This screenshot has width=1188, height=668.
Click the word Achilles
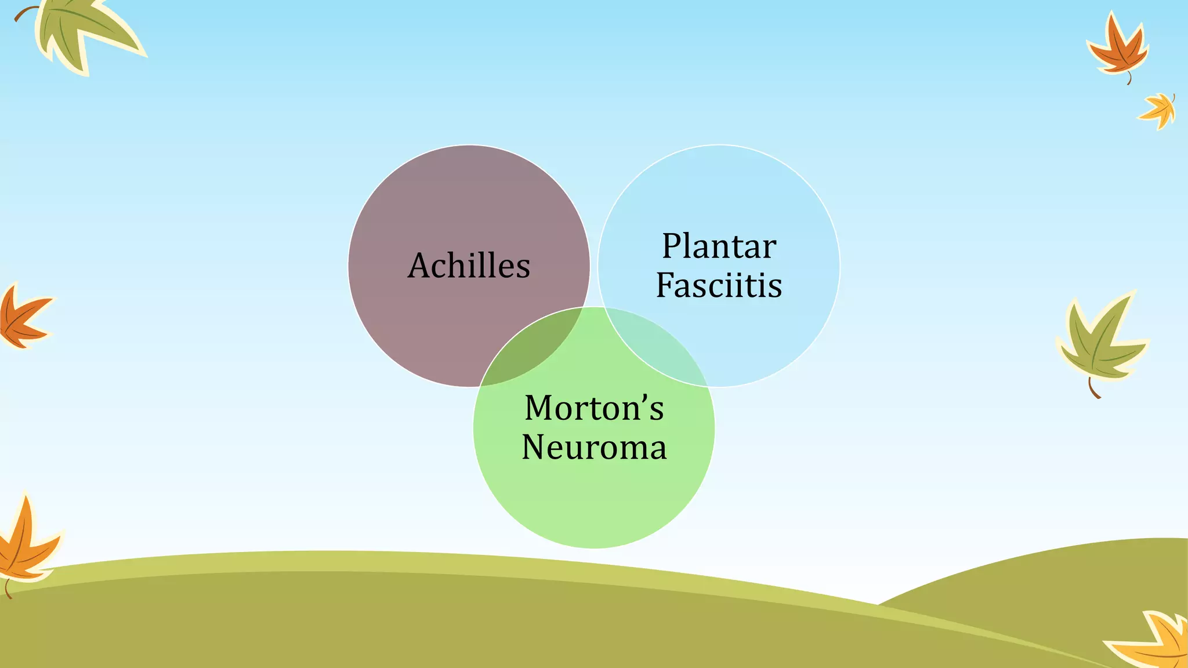point(469,266)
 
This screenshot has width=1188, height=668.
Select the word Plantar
point(719,247)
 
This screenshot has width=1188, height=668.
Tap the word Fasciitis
point(719,285)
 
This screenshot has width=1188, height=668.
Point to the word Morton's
point(593,408)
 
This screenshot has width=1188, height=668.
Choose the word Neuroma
point(594,448)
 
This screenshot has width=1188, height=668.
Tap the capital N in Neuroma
point(534,448)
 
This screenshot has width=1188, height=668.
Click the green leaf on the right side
point(1099,342)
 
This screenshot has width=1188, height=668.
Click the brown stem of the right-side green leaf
point(1093,390)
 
